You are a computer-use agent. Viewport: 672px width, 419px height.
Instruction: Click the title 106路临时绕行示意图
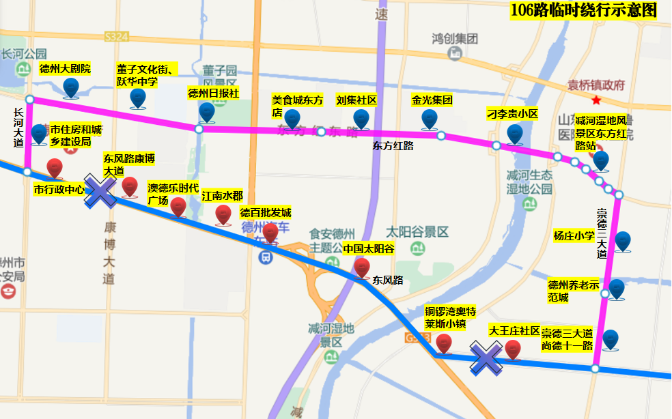[583, 11]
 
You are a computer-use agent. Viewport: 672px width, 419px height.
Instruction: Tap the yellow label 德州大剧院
[65, 69]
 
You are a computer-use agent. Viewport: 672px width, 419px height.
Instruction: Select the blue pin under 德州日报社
[207, 111]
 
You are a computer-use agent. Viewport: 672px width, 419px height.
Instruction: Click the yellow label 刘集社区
[356, 100]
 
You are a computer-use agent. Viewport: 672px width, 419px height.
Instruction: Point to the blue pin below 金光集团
[429, 119]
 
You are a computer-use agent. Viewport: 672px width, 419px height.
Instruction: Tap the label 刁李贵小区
[512, 114]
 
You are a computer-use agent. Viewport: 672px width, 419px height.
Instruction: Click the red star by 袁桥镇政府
[597, 100]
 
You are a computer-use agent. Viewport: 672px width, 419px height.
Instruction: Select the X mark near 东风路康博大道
[100, 192]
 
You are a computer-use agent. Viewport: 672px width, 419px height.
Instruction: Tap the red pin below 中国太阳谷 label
[362, 268]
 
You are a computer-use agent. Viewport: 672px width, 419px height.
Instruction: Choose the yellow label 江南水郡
[222, 197]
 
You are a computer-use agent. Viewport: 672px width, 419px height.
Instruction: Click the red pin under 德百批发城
[270, 233]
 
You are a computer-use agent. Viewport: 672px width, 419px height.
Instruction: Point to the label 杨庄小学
[574, 237]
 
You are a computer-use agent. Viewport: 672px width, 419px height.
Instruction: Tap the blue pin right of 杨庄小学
[622, 242]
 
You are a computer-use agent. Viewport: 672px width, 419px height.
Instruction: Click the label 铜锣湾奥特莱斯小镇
[445, 318]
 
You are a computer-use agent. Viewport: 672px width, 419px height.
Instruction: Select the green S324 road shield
[117, 35]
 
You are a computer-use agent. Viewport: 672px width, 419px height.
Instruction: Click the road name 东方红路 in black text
[393, 145]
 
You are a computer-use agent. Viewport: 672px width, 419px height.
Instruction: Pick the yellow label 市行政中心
[59, 189]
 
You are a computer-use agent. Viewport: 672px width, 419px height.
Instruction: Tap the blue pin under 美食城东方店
[292, 119]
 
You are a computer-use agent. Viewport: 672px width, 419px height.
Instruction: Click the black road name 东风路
[388, 280]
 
